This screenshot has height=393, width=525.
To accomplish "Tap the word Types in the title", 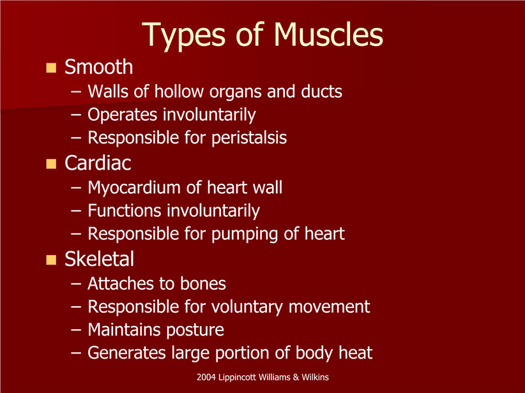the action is [184, 36].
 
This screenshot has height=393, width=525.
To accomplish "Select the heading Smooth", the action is [99, 66].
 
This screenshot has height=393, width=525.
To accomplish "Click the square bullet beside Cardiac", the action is [51, 164].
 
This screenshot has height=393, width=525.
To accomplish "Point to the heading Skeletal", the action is [99, 258].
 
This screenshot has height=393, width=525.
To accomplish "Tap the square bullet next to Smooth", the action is [51, 68].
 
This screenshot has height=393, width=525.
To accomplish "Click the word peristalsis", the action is [249, 138].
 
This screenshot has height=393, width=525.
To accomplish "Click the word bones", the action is [203, 284].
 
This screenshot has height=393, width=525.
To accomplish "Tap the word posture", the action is [195, 330].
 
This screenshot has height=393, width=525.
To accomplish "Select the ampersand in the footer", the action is [296, 377].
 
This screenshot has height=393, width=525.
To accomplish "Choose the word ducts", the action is [321, 91].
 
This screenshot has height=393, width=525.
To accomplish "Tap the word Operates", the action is [122, 115].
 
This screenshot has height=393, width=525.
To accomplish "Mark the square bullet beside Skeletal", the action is [51, 260].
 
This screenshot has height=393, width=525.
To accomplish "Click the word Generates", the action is [126, 353].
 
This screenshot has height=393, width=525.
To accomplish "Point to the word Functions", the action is [124, 211].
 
